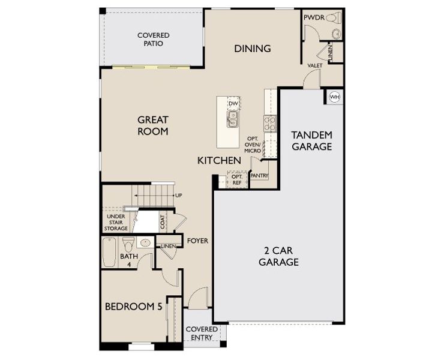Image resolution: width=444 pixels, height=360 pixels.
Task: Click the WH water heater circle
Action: pyautogui.click(x=335, y=97)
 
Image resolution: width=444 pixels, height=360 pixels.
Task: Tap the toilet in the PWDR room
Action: pyautogui.click(x=334, y=19)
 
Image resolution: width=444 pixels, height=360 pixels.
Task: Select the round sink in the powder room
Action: pyautogui.click(x=337, y=34)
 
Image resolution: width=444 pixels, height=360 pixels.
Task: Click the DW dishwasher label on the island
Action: pyautogui.click(x=233, y=103)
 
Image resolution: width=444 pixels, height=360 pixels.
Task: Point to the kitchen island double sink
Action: pyautogui.click(x=232, y=119)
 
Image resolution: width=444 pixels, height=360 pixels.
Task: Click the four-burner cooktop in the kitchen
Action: pyautogui.click(x=270, y=123)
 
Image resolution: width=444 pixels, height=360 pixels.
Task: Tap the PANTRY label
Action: pyautogui.click(x=259, y=176)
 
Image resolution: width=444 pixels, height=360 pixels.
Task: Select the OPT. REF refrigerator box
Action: pyautogui.click(x=237, y=179)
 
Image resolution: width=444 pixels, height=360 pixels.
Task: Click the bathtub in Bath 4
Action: pyautogui.click(x=109, y=252)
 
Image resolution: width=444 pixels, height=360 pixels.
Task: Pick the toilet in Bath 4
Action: pyautogui.click(x=128, y=244)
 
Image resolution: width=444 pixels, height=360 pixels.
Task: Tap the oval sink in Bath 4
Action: pyautogui.click(x=145, y=242)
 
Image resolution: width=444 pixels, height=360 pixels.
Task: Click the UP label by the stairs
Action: pyautogui.click(x=179, y=196)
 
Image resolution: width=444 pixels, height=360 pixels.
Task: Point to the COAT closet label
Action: pyautogui.click(x=163, y=222)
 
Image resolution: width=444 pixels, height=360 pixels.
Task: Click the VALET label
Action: pyautogui.click(x=315, y=65)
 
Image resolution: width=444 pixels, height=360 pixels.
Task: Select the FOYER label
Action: pyautogui.click(x=197, y=241)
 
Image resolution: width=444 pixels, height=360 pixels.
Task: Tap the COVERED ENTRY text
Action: pyautogui.click(x=202, y=334)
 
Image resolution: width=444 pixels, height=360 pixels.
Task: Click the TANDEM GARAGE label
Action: pyautogui.click(x=312, y=140)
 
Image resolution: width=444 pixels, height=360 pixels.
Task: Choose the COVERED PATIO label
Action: pyautogui.click(x=153, y=40)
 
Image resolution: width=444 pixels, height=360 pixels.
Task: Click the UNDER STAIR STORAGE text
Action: pyautogui.click(x=116, y=223)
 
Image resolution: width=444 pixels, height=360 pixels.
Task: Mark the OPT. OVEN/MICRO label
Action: pyautogui.click(x=252, y=145)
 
